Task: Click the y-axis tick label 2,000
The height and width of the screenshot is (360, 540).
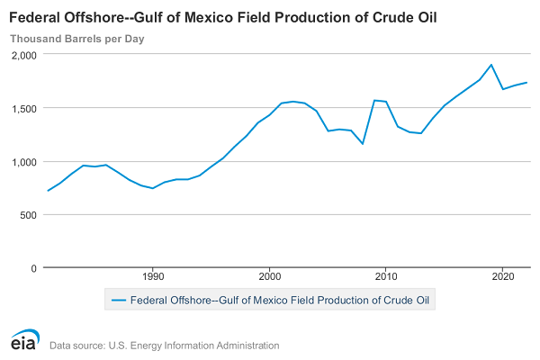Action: point(23,55)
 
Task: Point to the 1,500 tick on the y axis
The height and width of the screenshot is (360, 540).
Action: point(23,108)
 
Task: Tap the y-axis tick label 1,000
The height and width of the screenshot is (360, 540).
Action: point(23,161)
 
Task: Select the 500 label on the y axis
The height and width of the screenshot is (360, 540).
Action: point(27,214)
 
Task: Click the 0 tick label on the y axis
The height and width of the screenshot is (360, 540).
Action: point(33,267)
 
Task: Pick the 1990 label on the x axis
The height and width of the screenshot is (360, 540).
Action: point(153,276)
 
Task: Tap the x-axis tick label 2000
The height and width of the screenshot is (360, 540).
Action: point(269,276)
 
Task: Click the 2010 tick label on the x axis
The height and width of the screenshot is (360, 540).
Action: point(386,276)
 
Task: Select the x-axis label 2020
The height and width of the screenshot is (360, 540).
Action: point(503,276)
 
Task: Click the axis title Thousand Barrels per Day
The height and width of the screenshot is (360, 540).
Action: point(76,39)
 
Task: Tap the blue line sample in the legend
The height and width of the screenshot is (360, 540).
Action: point(117,299)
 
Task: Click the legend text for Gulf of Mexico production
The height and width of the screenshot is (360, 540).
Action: point(280,299)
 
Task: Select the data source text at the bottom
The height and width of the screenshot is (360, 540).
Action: point(165,346)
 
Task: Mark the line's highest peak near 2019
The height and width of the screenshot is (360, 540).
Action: point(491,65)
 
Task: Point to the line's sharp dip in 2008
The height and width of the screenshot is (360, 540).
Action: point(363,144)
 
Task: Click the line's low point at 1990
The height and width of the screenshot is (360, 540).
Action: point(153,188)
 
